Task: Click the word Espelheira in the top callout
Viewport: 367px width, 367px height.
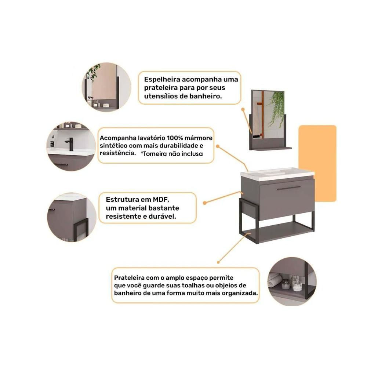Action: (x=162, y=80)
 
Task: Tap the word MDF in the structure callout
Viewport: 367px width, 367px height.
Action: (x=160, y=200)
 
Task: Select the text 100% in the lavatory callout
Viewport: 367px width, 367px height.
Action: (x=175, y=138)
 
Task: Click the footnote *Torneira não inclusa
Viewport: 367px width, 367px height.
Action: (x=171, y=154)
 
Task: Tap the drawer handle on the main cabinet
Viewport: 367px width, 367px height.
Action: (x=288, y=188)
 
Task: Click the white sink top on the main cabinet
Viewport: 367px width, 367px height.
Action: (x=277, y=174)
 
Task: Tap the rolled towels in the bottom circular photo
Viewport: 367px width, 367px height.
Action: (x=274, y=280)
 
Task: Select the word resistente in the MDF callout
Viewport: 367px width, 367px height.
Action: (x=124, y=217)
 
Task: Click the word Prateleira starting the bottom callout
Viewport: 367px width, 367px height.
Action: (x=129, y=278)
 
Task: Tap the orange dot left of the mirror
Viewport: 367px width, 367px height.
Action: (x=243, y=109)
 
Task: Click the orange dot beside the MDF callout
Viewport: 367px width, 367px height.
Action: (x=204, y=203)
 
